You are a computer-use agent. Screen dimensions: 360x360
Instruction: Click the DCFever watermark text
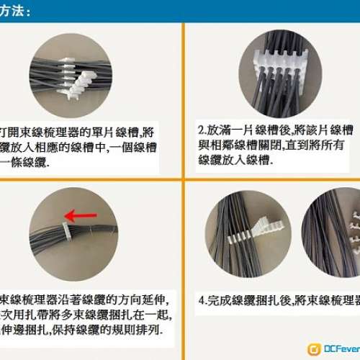point(341,349)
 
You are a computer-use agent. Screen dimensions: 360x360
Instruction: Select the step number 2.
point(201,131)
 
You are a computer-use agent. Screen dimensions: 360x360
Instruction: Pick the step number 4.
point(201,299)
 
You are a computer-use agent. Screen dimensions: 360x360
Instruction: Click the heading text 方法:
point(16,11)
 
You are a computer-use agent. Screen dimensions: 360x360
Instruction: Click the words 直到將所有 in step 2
point(316,145)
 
